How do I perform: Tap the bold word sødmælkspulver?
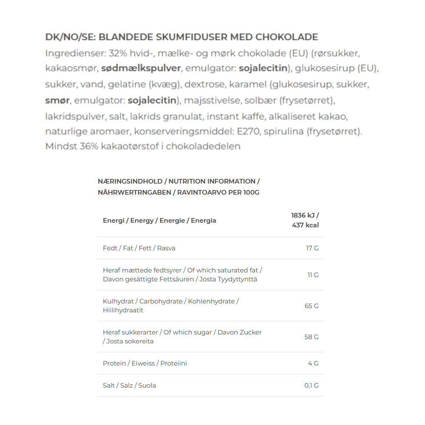(141, 68)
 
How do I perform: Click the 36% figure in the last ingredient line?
(89, 146)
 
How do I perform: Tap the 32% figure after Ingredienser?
(118, 54)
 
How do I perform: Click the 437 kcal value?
(305, 225)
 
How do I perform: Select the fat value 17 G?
(312, 248)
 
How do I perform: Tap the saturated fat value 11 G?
(313, 275)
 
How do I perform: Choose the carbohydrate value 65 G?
(312, 306)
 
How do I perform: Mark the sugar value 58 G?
(312, 337)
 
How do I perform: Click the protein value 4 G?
(313, 363)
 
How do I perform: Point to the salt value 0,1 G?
(311, 385)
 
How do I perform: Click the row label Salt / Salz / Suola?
(129, 385)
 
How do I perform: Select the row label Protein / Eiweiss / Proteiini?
(145, 363)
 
